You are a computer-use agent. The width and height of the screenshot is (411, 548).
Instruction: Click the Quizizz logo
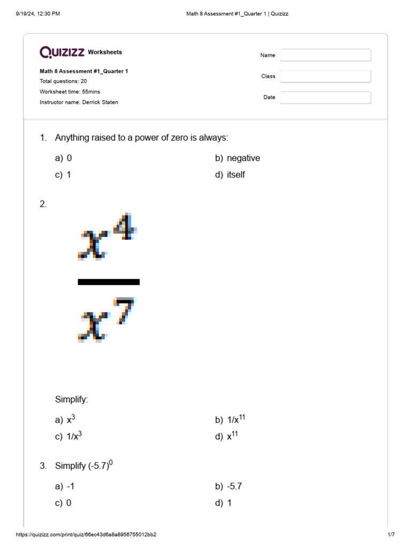(x=62, y=52)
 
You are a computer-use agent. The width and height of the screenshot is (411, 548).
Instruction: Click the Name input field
(x=325, y=55)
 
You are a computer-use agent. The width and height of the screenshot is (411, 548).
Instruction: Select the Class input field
(x=325, y=77)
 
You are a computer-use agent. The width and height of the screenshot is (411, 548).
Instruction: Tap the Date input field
(x=325, y=97)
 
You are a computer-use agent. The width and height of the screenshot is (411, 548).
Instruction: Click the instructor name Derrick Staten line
(x=79, y=102)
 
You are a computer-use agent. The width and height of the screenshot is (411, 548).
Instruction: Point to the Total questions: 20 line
(x=63, y=81)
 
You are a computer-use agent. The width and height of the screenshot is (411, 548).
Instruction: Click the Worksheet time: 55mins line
(x=70, y=92)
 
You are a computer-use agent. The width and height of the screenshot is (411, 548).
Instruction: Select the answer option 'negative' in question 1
(x=243, y=158)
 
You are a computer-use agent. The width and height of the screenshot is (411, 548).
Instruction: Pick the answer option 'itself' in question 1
(x=235, y=175)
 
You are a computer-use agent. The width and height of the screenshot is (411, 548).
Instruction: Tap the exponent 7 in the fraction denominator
(x=124, y=310)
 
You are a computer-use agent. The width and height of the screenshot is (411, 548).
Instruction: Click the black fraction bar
(x=109, y=282)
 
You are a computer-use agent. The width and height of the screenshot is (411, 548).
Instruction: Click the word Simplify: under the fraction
(x=71, y=399)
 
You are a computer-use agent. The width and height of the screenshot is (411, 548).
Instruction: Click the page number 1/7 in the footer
(x=391, y=535)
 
